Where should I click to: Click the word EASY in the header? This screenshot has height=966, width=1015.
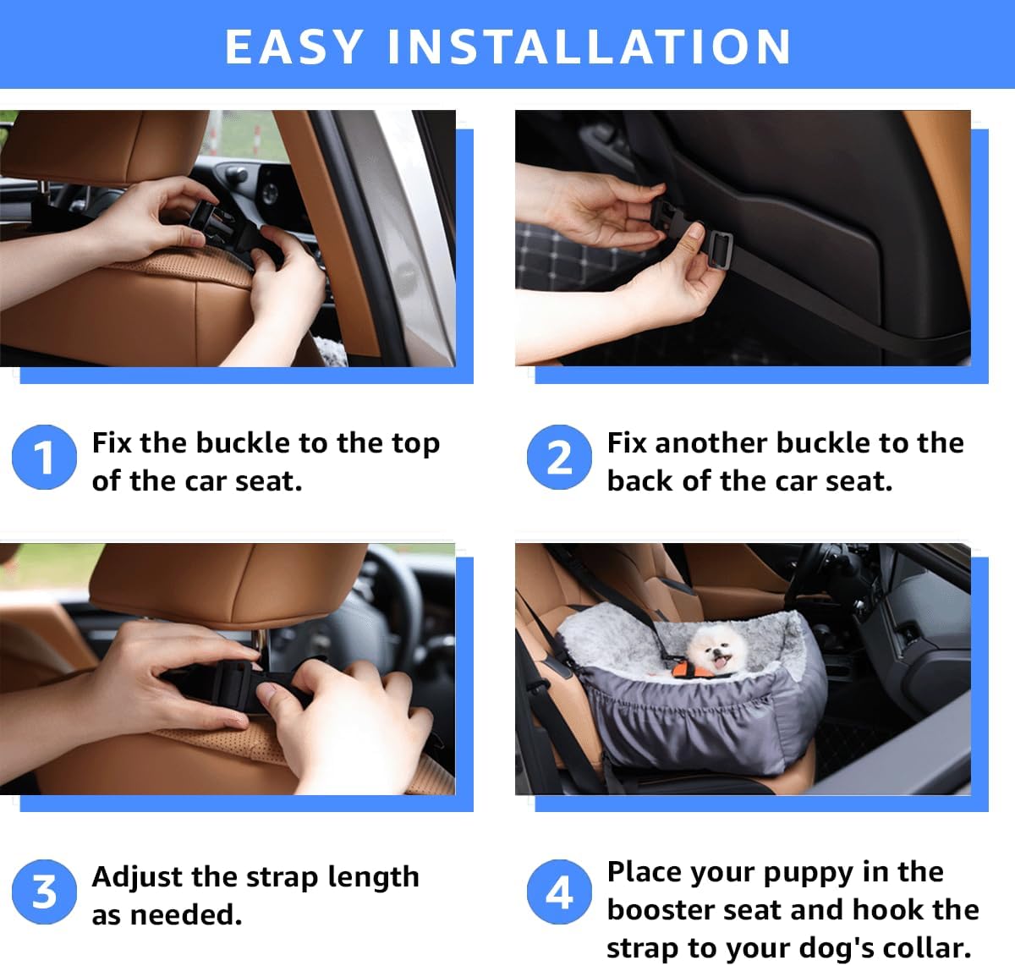pyautogui.click(x=294, y=47)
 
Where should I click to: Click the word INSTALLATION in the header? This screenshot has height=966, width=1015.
pyautogui.click(x=590, y=47)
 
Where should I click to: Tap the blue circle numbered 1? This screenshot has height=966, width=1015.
pyautogui.click(x=44, y=458)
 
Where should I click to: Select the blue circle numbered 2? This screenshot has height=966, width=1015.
pyautogui.click(x=559, y=458)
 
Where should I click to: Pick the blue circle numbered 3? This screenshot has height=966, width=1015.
pyautogui.click(x=44, y=892)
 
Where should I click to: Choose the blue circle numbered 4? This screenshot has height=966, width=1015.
pyautogui.click(x=559, y=892)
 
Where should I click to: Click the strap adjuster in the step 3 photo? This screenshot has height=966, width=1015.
pyautogui.click(x=233, y=683)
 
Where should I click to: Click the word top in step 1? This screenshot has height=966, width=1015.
pyautogui.click(x=415, y=443)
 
